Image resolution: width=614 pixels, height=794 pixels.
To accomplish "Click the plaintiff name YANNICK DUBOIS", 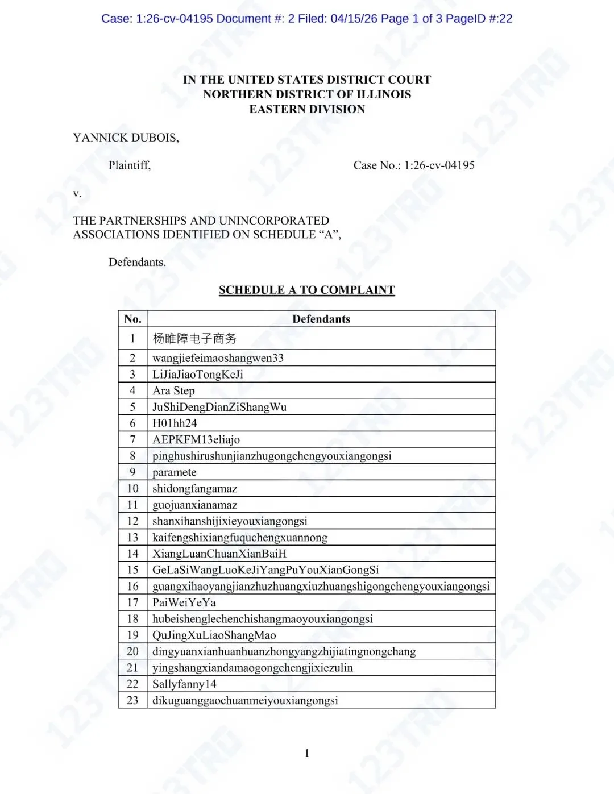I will tap(126, 138).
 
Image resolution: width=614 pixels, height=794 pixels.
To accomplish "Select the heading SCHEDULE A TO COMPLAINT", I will tap(306, 290).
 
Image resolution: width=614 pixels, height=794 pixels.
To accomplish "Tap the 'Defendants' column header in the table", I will tap(321, 319).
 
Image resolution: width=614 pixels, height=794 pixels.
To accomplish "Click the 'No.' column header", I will tap(132, 319).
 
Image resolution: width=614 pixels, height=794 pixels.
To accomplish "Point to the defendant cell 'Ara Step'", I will tap(173, 390).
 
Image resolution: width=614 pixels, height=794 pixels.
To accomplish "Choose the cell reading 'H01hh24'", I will tap(175, 423).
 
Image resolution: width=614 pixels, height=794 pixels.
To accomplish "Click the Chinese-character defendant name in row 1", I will tap(194, 339).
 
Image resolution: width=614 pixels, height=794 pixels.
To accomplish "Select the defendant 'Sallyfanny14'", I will tap(184, 684).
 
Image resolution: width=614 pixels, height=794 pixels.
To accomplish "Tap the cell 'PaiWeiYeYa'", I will tap(184, 602).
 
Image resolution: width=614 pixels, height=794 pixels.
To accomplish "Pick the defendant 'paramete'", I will tap(174, 472).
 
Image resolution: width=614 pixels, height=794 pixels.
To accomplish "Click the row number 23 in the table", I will tap(132, 700).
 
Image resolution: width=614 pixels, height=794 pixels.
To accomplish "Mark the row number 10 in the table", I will tap(132, 489).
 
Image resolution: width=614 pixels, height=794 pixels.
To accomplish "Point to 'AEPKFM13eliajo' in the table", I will tap(196, 439).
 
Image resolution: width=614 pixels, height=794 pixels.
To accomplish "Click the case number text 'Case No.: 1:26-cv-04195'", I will tap(414, 165).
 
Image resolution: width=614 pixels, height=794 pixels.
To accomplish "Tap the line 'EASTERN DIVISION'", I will tap(307, 109).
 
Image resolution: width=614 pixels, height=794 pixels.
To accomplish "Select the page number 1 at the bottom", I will tap(307, 754).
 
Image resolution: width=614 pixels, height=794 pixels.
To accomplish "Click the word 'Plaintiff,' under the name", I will tap(130, 165).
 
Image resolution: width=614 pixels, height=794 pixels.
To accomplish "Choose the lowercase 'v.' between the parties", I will tap(77, 193).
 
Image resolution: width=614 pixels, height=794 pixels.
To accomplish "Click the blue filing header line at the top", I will tap(307, 19).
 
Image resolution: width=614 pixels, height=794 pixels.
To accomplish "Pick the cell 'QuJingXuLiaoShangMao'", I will tap(214, 635).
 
